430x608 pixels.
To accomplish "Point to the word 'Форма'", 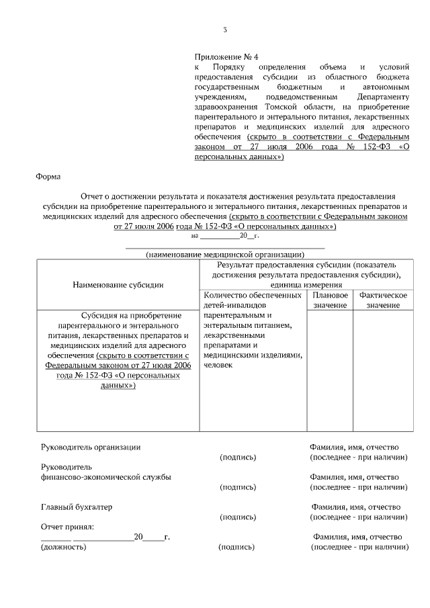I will [48, 177].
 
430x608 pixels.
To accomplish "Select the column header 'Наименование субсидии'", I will [118, 285].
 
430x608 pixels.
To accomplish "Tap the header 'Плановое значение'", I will [330, 300].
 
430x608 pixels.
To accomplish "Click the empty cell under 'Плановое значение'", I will [330, 370].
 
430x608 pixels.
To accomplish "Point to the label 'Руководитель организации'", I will [91, 447].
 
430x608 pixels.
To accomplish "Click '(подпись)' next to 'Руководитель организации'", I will [238, 458].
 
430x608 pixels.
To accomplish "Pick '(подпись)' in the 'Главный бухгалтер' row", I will [238, 517].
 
